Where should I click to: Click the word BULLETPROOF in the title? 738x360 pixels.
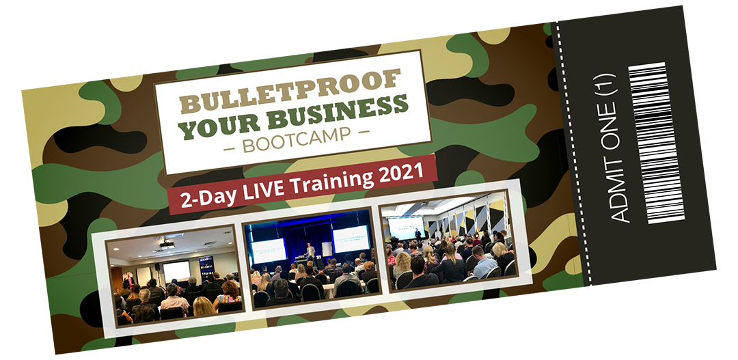click(x=290, y=91)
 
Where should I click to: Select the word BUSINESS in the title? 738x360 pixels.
click(x=337, y=111)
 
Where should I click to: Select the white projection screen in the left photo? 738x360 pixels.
click(x=177, y=271)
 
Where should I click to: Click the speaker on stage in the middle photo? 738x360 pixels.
click(x=310, y=253)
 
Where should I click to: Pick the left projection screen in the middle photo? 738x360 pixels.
click(x=269, y=250)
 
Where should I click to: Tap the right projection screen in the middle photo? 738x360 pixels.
click(x=351, y=239)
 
